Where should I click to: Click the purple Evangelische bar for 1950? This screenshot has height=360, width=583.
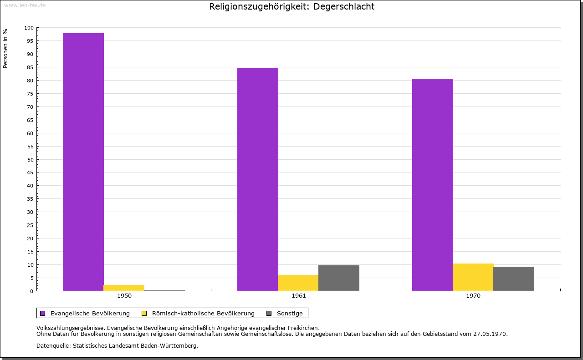point(83,162)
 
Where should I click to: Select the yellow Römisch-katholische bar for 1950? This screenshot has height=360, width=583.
point(124,288)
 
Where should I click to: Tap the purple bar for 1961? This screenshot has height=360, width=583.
point(258,179)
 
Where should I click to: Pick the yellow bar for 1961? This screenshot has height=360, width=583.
point(298,283)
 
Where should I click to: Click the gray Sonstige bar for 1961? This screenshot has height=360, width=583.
point(339,278)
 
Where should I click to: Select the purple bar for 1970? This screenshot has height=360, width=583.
point(433,185)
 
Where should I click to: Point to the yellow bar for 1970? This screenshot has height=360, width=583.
point(473,277)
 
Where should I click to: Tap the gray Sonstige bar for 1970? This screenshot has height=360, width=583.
point(514,279)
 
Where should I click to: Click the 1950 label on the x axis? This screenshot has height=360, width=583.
point(124,296)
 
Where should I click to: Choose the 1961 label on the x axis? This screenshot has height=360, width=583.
point(299,296)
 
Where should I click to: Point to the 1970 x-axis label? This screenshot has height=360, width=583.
point(473,296)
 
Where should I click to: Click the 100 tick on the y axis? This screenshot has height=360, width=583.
point(29,28)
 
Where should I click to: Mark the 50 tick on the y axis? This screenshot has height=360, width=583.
point(31,159)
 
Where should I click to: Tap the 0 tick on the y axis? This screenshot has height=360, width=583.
point(32,291)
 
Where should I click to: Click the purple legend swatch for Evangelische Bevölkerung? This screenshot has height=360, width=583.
point(43,313)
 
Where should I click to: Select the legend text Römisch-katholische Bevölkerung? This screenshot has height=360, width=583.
point(203,313)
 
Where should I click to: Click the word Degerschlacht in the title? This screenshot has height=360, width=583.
point(344,7)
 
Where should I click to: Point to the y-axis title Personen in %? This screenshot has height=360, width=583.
point(5,48)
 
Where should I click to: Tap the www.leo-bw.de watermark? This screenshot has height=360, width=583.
point(25,5)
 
